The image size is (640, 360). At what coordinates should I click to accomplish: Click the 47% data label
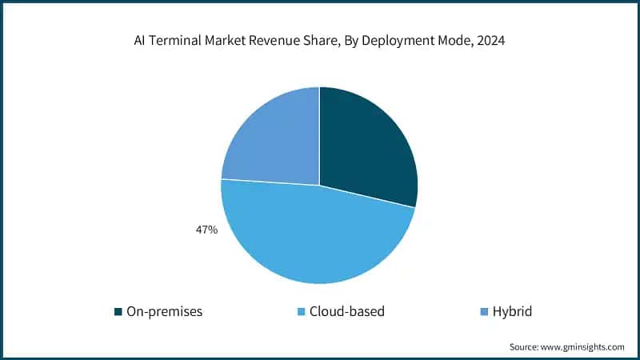pyautogui.click(x=206, y=230)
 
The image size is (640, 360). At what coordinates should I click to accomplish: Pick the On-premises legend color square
pyautogui.click(x=118, y=311)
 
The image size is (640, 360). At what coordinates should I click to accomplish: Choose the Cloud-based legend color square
pyautogui.click(x=301, y=311)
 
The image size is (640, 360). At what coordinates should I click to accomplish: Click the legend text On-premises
pyautogui.click(x=164, y=311)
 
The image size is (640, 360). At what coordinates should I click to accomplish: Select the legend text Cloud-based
pyautogui.click(x=347, y=311)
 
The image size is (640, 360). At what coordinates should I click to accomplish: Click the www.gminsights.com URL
pyautogui.click(x=582, y=346)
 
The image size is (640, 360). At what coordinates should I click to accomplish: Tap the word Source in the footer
pyautogui.click(x=524, y=346)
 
